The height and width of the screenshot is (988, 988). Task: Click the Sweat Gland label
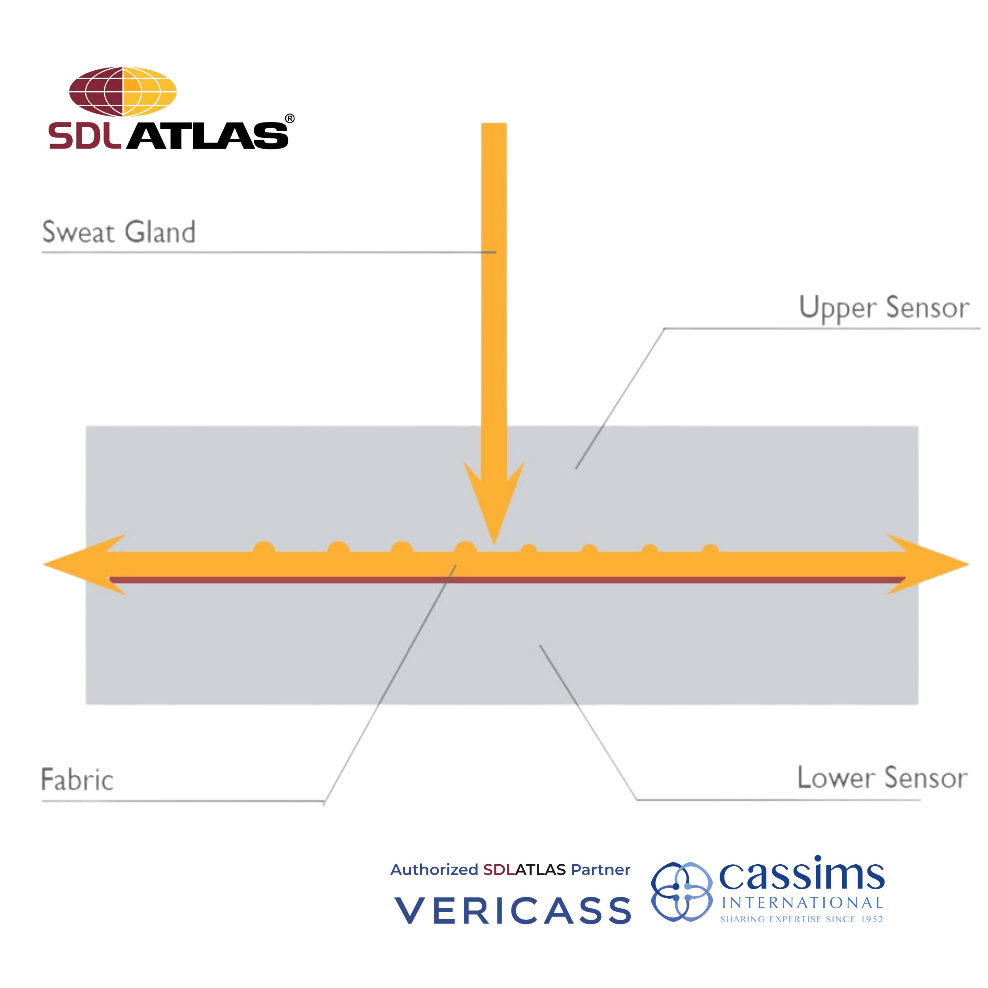pos(119,232)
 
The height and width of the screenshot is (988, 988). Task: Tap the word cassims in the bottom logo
pos(801,875)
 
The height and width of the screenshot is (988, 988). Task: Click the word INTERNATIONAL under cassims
pos(802,903)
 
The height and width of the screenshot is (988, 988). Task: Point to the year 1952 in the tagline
pos(871,919)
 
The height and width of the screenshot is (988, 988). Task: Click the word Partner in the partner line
pos(600,870)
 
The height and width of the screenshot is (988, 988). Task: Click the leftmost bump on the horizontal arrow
pos(264,548)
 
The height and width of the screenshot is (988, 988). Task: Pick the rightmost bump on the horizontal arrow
pos(710,550)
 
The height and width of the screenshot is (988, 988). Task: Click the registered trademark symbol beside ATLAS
pos(289,119)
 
